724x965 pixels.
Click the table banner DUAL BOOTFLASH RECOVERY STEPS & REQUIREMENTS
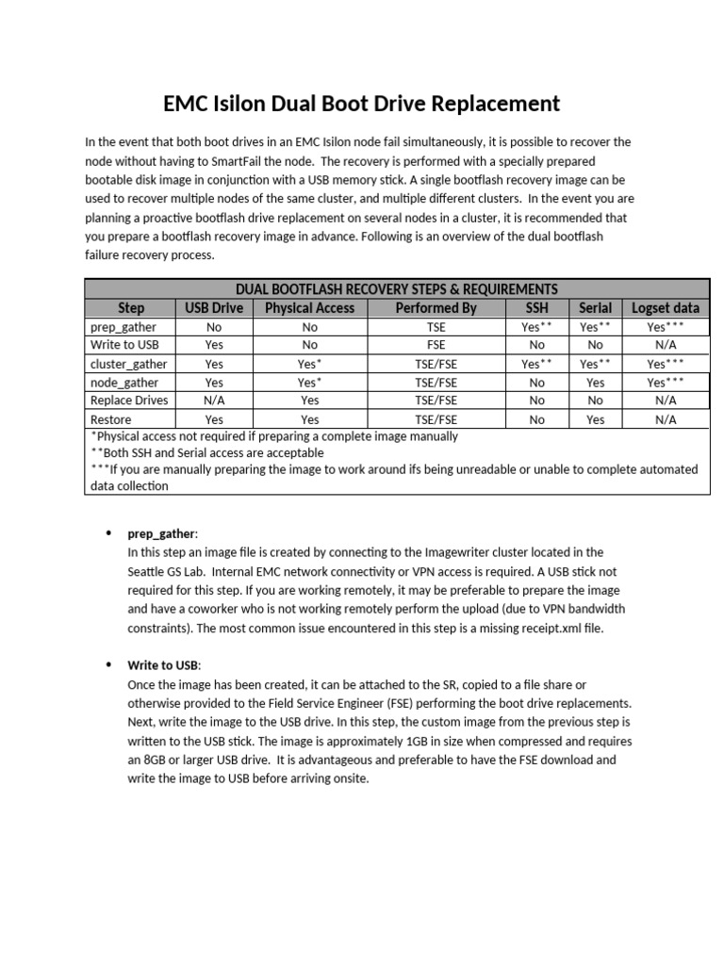click(x=396, y=289)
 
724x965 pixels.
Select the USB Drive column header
click(x=214, y=308)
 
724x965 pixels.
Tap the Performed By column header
click(x=436, y=308)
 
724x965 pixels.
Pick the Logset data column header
click(x=666, y=308)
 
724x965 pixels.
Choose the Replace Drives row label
click(x=129, y=401)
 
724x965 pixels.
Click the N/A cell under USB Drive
click(x=214, y=401)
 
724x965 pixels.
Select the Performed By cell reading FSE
click(x=436, y=345)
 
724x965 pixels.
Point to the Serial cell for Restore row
click(x=595, y=419)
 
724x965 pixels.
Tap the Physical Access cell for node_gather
click(x=309, y=382)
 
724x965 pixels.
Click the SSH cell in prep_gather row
click(x=536, y=326)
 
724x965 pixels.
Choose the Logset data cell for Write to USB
click(x=666, y=345)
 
